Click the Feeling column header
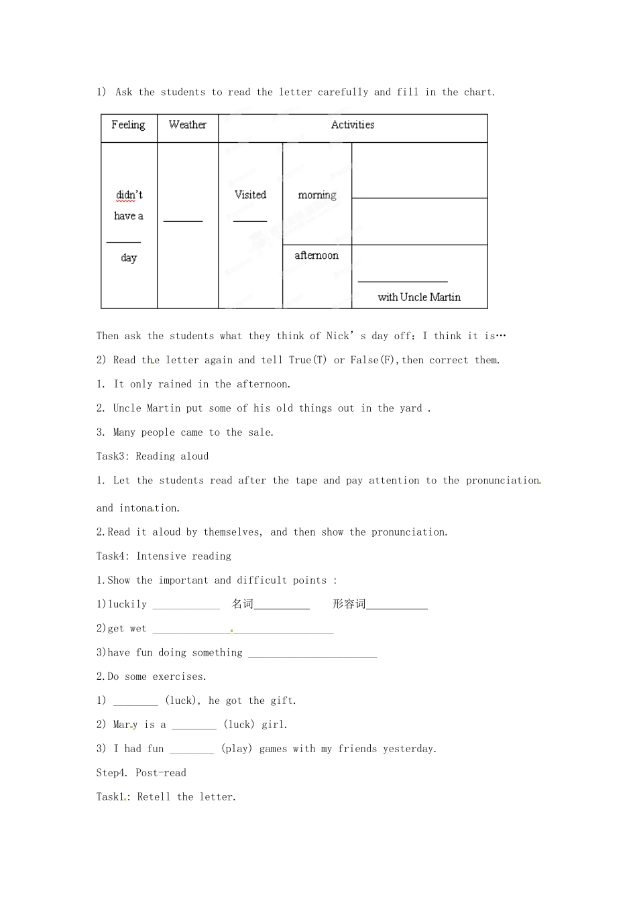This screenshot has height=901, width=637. [128, 125]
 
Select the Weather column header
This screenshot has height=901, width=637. [188, 125]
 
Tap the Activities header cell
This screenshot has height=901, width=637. [353, 125]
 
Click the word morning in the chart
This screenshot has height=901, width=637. [317, 195]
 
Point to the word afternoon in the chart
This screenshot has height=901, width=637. [316, 255]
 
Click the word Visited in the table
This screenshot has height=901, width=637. [250, 194]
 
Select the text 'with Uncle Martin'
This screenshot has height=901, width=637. [419, 297]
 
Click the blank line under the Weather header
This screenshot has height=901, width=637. [183, 219]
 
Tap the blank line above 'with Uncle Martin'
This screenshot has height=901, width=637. [402, 281]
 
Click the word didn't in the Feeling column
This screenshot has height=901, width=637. [129, 195]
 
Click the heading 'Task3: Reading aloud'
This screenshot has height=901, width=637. [152, 457]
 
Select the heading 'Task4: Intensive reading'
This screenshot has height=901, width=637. [164, 556]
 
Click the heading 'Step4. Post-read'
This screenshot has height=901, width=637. [141, 773]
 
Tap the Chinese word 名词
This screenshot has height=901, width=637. [243, 604]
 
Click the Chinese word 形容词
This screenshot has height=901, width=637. [349, 604]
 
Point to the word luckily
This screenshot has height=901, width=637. [127, 605]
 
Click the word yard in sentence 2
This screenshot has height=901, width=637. [410, 408]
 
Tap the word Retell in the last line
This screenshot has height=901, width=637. [154, 797]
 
